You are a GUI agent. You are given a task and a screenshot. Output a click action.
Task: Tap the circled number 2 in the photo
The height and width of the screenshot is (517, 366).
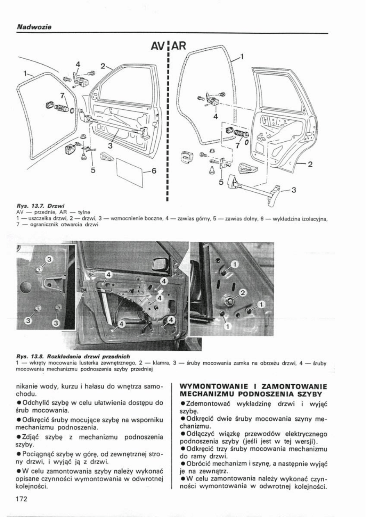(242, 293)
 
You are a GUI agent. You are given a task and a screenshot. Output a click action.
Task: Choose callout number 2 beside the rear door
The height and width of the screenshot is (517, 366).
(310, 165)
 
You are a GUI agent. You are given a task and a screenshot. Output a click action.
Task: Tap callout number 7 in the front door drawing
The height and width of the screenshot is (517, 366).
(62, 96)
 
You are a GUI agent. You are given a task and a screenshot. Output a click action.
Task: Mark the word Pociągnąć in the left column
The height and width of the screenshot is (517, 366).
(36, 462)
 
